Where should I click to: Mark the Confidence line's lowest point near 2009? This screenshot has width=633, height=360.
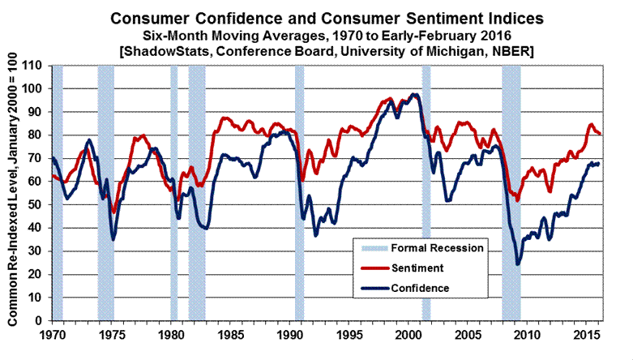[x=518, y=264]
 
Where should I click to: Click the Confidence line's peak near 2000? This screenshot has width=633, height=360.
[x=414, y=95]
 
